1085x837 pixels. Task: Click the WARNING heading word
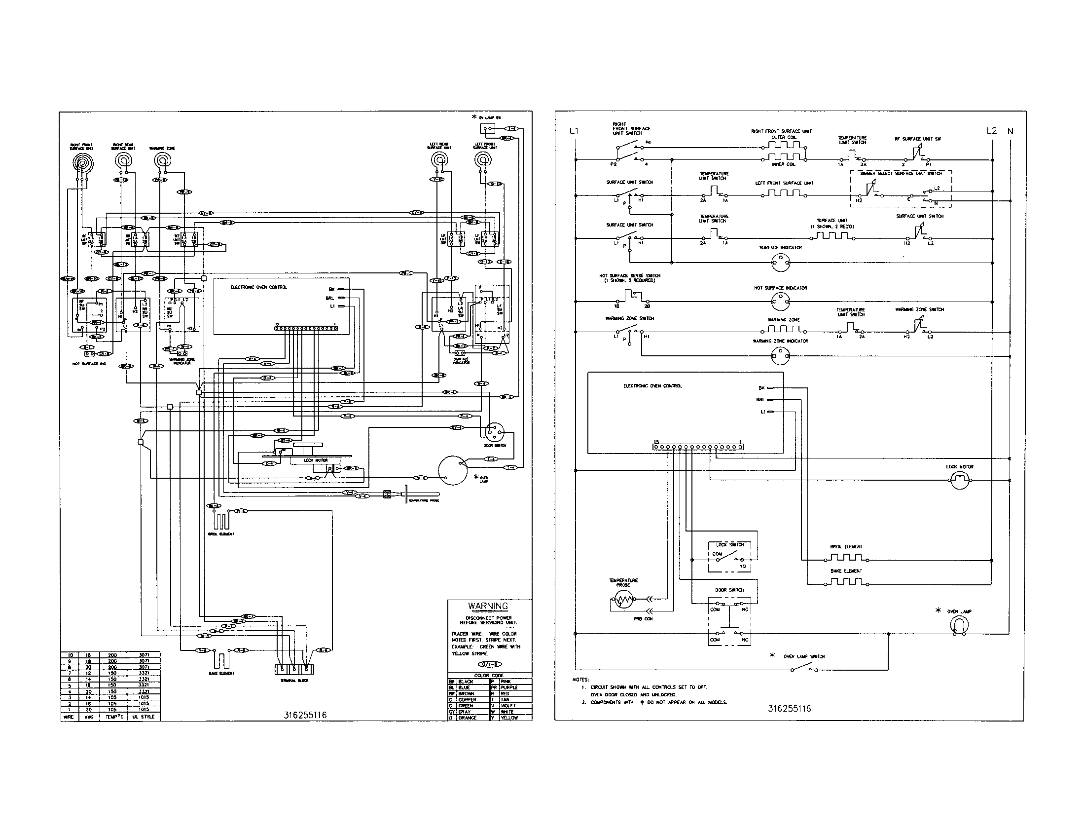pyautogui.click(x=488, y=606)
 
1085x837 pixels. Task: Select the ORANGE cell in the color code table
pyautogui.click(x=467, y=718)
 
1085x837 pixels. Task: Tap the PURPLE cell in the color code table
pyautogui.click(x=509, y=687)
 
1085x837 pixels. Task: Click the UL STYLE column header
pyautogui.click(x=144, y=717)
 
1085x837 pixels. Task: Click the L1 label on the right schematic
pyautogui.click(x=574, y=131)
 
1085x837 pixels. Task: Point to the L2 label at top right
pyautogui.click(x=991, y=131)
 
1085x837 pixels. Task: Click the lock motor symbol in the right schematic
pyautogui.click(x=960, y=480)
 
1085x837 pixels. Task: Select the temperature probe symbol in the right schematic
pyautogui.click(x=623, y=602)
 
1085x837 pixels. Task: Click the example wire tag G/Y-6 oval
pyautogui.click(x=489, y=664)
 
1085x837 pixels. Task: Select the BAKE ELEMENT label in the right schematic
pyautogui.click(x=846, y=571)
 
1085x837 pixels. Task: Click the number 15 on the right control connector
pyautogui.click(x=656, y=441)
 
